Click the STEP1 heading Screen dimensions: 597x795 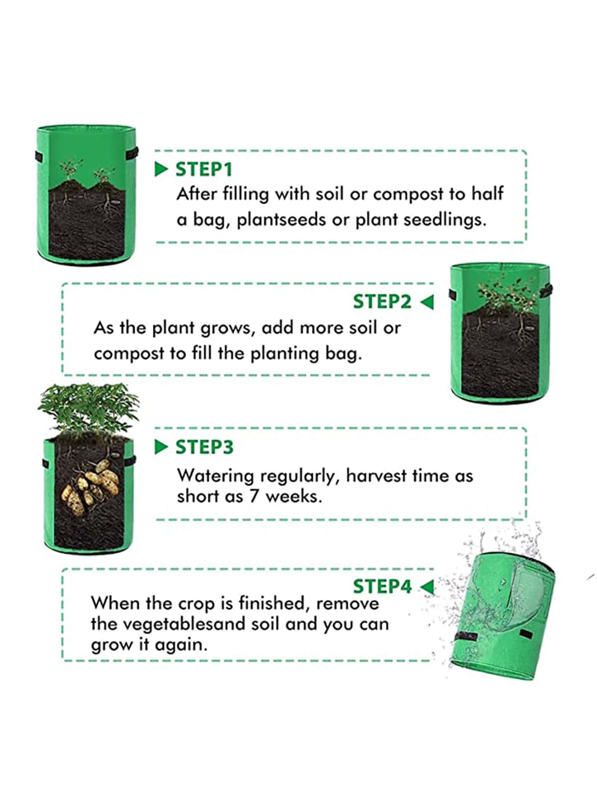(x=204, y=169)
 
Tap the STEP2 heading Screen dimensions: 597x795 (x=382, y=302)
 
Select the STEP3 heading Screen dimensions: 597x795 (x=204, y=447)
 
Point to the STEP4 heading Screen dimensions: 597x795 (x=382, y=586)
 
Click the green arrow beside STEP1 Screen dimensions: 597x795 (x=161, y=169)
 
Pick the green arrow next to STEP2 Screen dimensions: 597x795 (x=426, y=302)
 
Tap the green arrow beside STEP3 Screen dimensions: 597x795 (x=161, y=447)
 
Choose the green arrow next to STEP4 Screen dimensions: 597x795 (x=427, y=587)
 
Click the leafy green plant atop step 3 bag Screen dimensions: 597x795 (x=88, y=407)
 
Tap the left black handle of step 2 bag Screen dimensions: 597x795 (x=453, y=294)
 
